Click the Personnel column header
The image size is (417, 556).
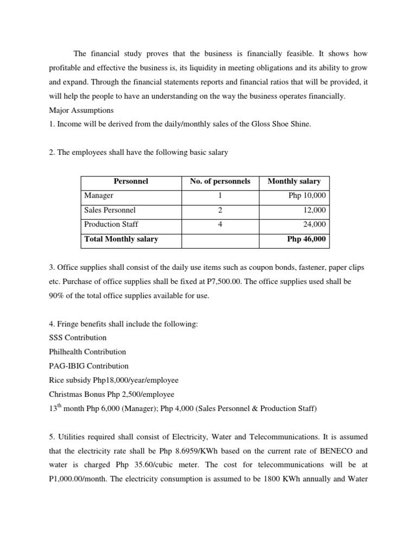coord(131,181)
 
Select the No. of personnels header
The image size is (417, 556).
coord(220,181)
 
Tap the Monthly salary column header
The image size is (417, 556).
coord(294,181)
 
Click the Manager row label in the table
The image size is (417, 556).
coord(99,195)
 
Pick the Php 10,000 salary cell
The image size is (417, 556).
coord(307,195)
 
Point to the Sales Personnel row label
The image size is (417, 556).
coord(110,210)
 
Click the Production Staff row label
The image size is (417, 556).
coord(111,224)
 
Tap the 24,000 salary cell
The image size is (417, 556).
coord(315,224)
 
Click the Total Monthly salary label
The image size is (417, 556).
coord(121,239)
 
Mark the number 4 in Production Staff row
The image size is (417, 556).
coord(220,224)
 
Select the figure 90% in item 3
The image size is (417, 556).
coord(58,295)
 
